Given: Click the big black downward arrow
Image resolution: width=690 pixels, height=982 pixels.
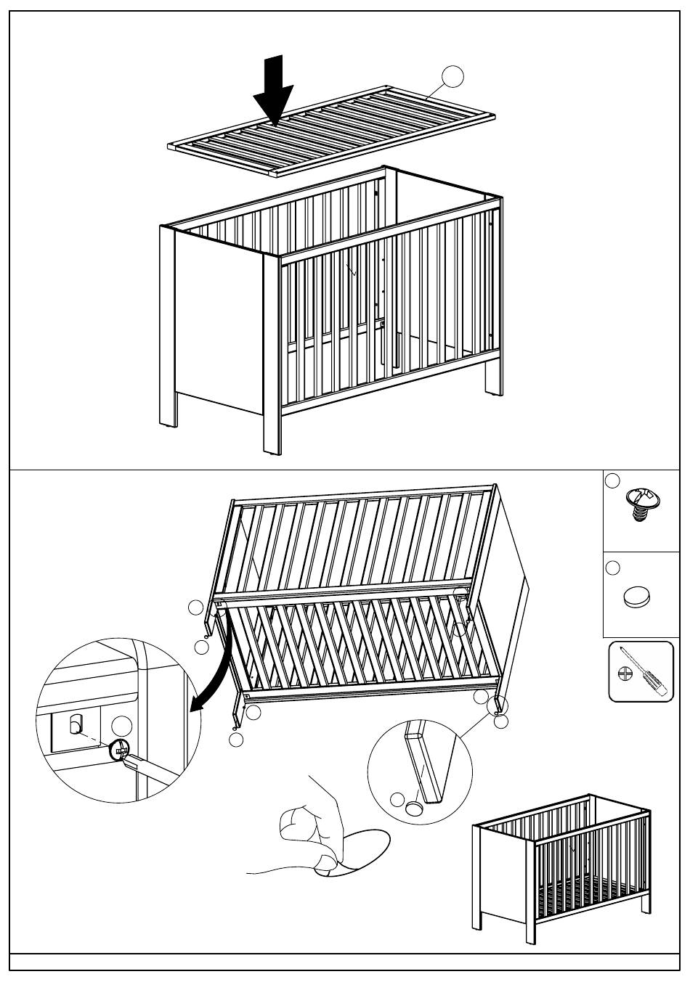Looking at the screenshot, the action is pos(273,93).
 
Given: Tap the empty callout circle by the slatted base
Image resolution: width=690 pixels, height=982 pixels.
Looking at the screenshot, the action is pos(453,75).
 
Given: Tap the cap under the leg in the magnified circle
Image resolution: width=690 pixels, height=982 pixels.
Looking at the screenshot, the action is pos(416,807).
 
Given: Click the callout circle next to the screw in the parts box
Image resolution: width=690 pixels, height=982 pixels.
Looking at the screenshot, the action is pos(613,480).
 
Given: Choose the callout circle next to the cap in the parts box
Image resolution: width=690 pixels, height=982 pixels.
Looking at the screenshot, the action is pos(612,568).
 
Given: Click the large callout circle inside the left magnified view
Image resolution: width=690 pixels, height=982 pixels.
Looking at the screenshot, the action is pos(123,726).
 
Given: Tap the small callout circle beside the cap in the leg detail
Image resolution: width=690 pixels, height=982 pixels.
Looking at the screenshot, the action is pos(397,800).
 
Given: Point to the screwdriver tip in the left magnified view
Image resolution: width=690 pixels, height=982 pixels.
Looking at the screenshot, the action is pos(130,759).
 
